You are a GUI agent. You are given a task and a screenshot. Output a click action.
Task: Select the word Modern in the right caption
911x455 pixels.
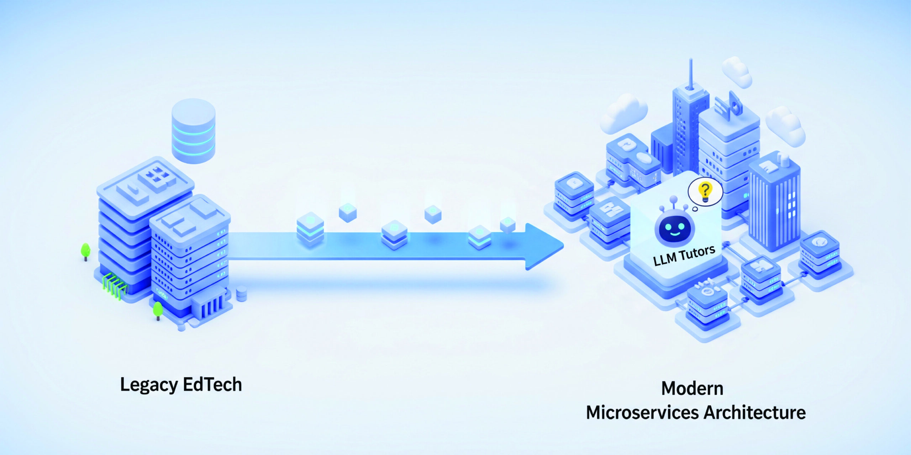point(692,389)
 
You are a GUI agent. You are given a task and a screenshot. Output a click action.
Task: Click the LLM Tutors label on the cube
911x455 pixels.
point(684,256)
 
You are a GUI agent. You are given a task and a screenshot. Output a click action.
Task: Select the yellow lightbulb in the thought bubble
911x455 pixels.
point(705,192)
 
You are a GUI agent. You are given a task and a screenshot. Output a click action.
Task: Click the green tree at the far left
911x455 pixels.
point(85,251)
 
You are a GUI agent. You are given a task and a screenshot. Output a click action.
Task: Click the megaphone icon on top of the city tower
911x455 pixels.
point(732,103)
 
